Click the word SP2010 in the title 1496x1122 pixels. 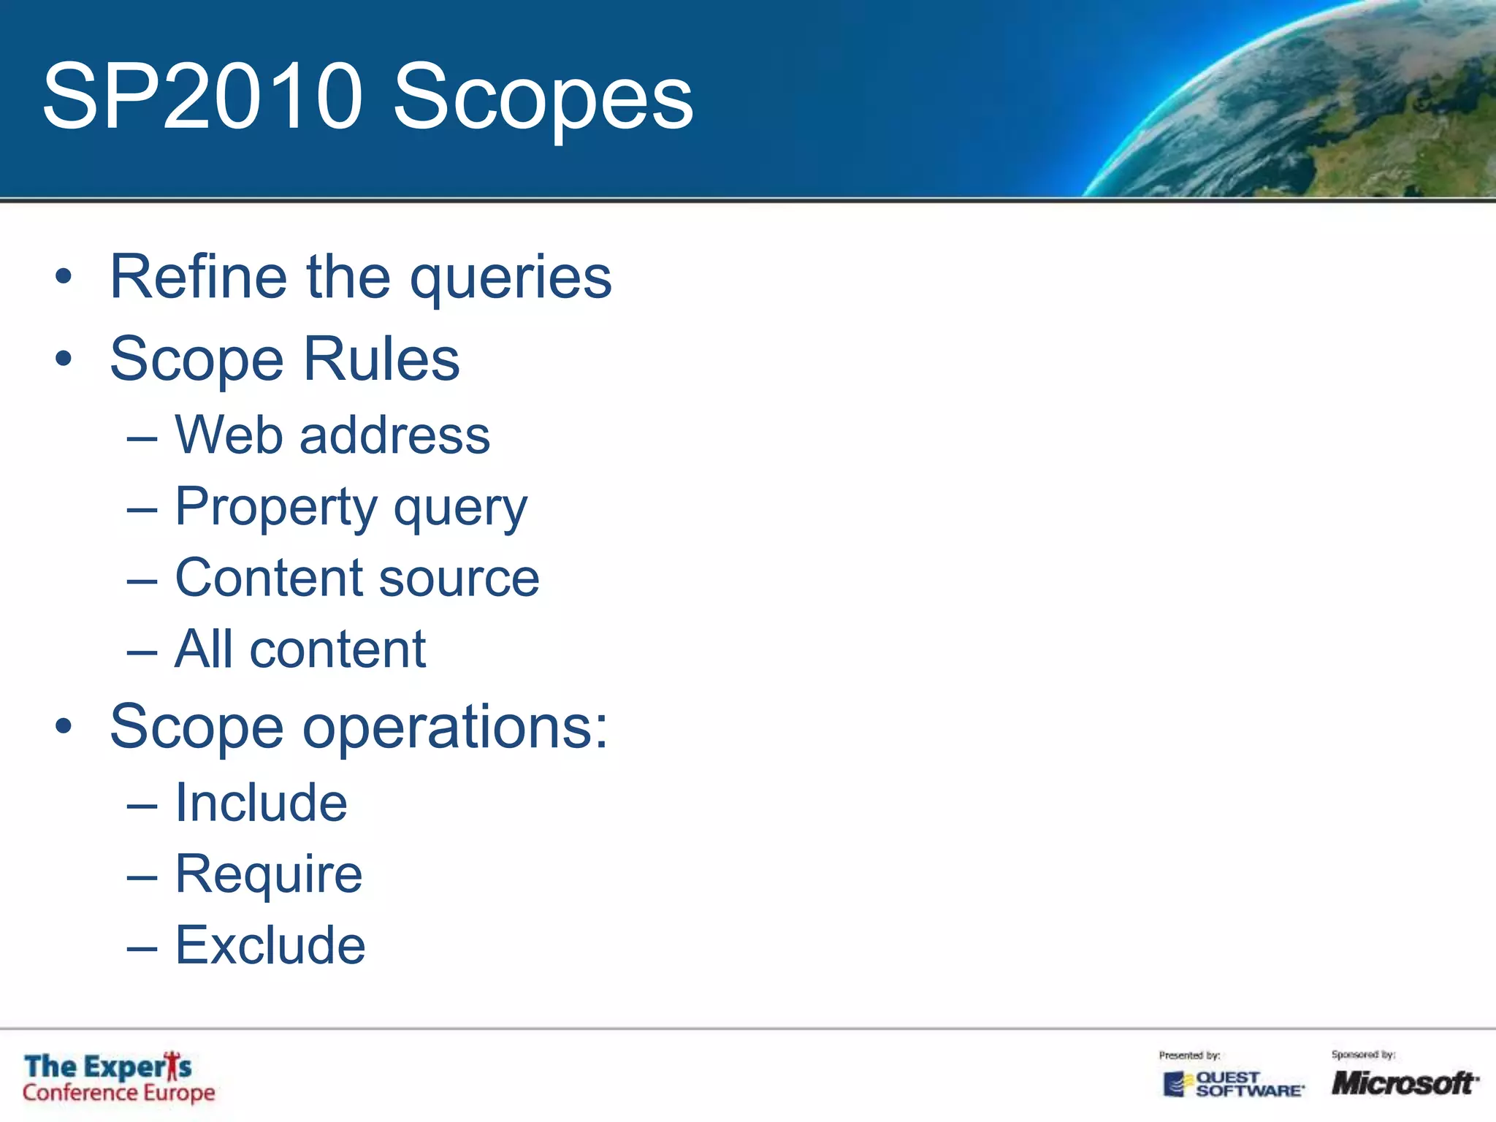[x=202, y=96]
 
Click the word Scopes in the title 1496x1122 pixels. [x=543, y=99]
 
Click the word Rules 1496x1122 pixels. [x=381, y=359]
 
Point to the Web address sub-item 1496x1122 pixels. [x=332, y=435]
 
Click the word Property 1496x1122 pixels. [x=275, y=507]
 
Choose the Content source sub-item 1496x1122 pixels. [x=356, y=578]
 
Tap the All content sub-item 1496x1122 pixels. [x=300, y=649]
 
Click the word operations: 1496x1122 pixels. [x=455, y=728]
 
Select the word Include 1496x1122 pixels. [x=261, y=803]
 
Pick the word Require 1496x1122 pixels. [x=268, y=874]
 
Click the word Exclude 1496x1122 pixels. [x=270, y=945]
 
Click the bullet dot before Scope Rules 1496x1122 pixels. [x=64, y=359]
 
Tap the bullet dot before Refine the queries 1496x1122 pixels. [x=64, y=277]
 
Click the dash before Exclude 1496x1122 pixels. [x=142, y=948]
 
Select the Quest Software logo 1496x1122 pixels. [x=1233, y=1084]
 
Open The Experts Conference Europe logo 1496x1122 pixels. [x=118, y=1078]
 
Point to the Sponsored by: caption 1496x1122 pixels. [x=1363, y=1055]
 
